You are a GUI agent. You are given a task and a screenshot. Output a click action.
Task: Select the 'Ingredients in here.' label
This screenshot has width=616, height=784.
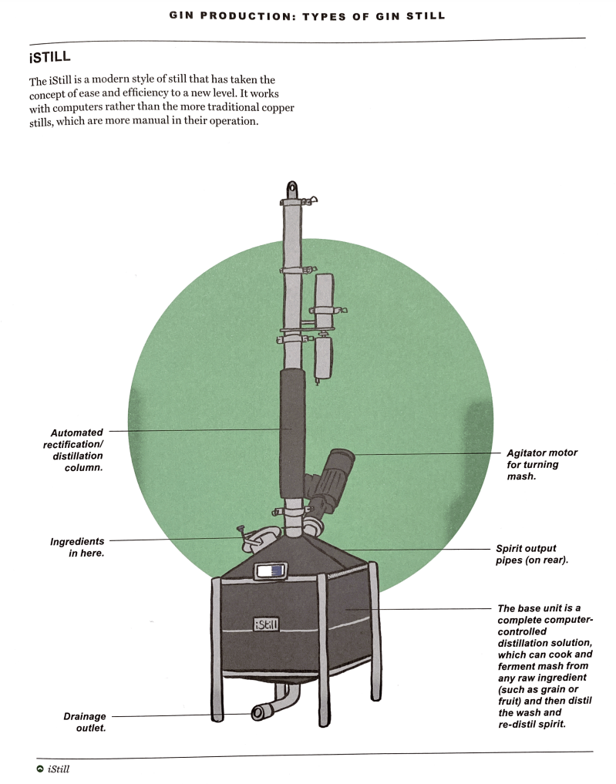77,547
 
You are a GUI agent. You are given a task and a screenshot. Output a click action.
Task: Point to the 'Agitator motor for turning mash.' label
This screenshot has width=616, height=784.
541,465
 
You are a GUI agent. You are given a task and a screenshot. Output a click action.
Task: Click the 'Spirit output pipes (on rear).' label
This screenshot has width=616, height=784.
531,554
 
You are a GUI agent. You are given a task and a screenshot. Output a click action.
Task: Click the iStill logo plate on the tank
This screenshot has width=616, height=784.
266,624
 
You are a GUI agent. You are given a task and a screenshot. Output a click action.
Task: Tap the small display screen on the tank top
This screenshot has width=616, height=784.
269,571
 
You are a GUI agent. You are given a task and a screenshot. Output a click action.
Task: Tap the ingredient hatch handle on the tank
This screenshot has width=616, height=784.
241,531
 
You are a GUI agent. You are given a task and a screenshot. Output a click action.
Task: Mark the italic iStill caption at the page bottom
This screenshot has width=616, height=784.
59,769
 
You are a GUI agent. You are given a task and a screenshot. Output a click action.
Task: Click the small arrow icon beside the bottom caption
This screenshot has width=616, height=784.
39,769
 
